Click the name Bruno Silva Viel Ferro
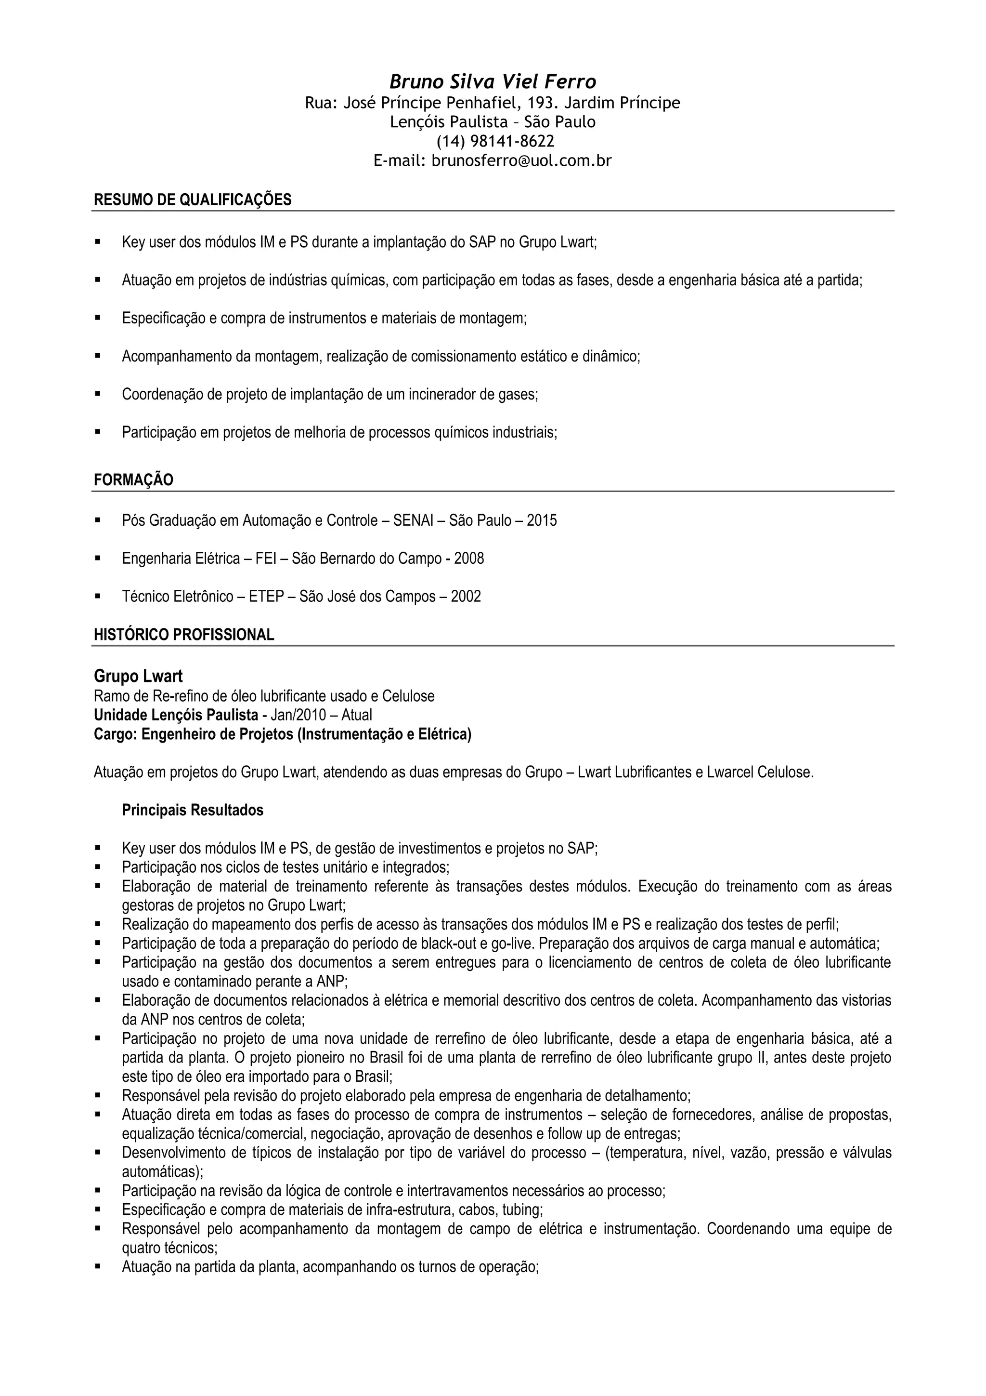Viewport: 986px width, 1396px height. pos(493,81)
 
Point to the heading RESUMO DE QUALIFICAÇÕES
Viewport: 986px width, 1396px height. pos(193,199)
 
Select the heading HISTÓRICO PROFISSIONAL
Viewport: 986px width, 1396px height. pos(184,635)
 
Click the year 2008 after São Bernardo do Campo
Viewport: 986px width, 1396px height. pos(469,558)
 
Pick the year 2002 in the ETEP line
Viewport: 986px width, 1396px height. pos(466,597)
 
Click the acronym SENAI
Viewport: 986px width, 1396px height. pos(413,520)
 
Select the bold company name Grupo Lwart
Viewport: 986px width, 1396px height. pos(139,676)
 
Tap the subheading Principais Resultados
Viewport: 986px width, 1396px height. pos(193,810)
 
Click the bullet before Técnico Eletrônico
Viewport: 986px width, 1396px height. pos(98,597)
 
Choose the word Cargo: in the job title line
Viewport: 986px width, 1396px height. pos(116,734)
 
